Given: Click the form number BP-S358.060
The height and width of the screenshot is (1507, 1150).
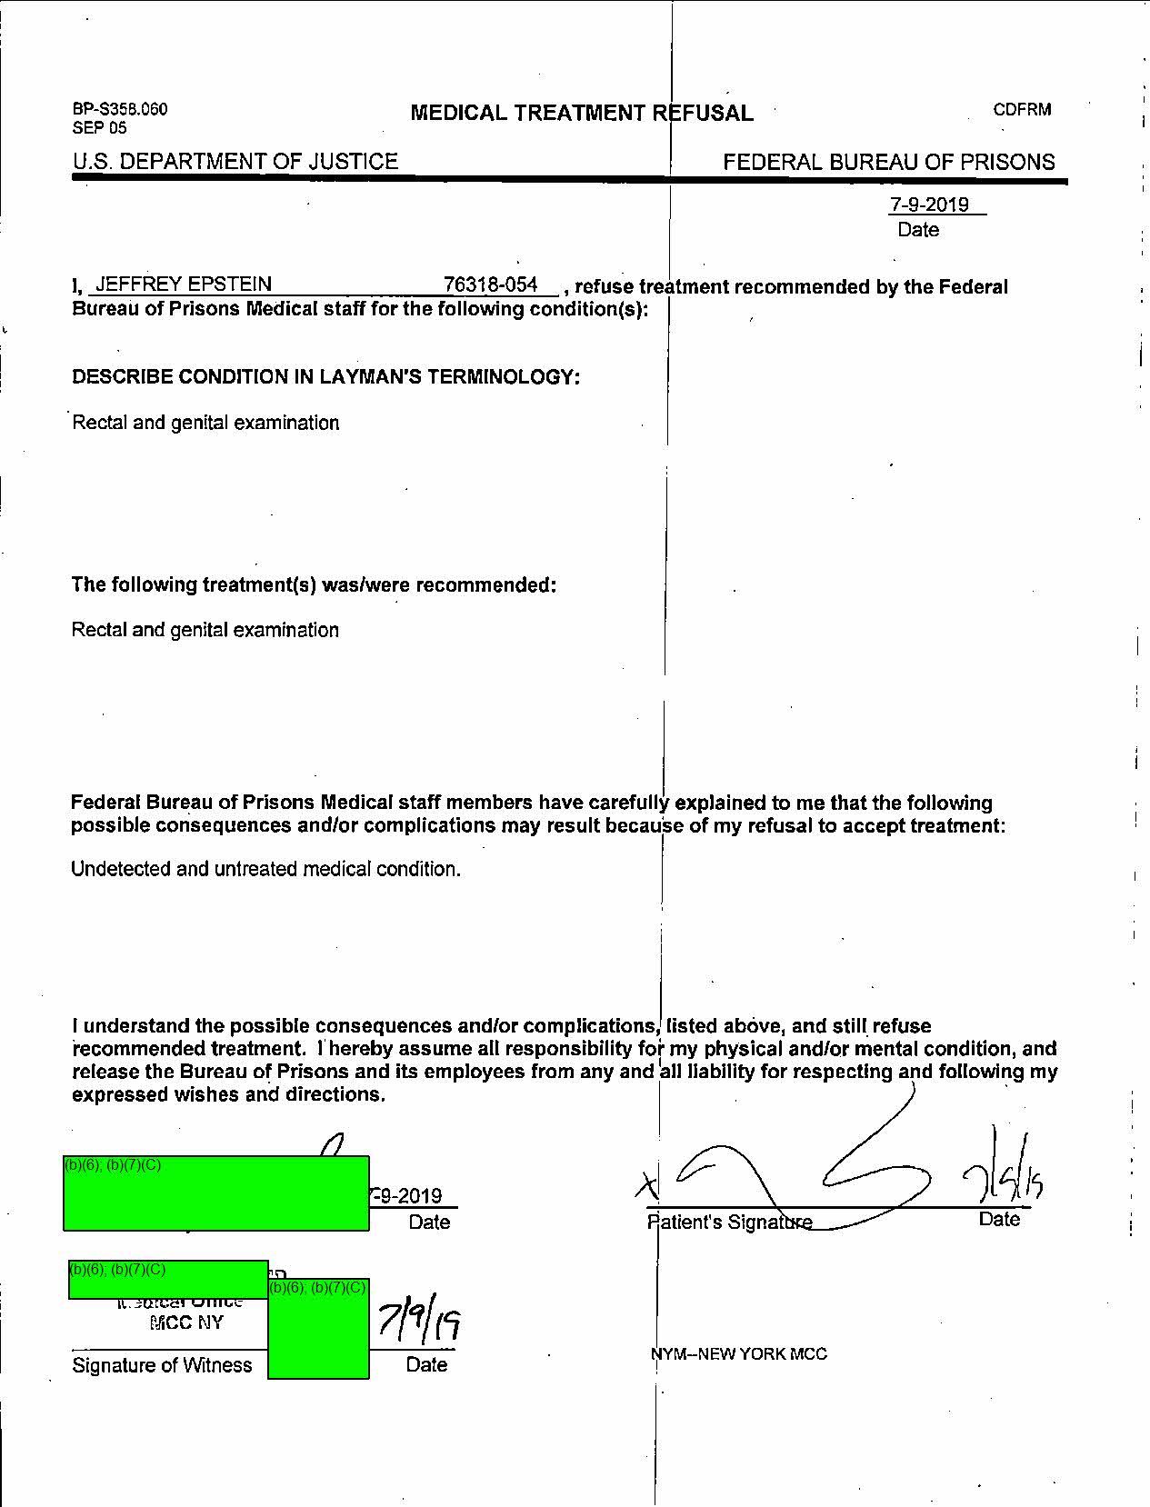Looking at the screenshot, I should (120, 109).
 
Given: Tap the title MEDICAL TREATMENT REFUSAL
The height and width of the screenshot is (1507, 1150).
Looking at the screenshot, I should (582, 114).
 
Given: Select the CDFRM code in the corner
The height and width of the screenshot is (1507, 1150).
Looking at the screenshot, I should (1022, 110).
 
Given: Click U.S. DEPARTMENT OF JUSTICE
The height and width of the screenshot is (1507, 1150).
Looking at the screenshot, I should (235, 162).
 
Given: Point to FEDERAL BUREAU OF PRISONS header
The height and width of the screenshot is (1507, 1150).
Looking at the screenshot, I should (888, 163).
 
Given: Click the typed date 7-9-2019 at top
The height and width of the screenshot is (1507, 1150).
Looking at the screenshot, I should (929, 205).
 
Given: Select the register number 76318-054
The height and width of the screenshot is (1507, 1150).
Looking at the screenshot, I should (491, 285).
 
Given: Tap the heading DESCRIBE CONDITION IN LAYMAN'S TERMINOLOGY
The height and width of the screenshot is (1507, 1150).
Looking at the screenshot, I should (325, 377).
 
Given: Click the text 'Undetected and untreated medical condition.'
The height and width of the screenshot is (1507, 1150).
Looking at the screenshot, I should (265, 869).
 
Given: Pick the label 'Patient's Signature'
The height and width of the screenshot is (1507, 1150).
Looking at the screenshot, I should (729, 1223).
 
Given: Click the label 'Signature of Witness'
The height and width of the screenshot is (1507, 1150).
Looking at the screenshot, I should (162, 1365).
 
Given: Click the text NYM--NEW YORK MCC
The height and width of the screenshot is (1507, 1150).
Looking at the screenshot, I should (739, 1353).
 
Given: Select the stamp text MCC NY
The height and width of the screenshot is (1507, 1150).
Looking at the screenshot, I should (185, 1322).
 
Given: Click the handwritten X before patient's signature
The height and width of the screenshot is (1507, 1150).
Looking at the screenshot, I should (646, 1183).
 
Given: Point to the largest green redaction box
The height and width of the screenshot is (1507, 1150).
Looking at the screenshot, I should (216, 1193).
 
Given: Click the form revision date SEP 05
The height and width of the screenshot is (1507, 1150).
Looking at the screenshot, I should (99, 128).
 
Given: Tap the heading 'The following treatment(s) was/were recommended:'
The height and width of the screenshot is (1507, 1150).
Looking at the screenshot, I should (314, 584).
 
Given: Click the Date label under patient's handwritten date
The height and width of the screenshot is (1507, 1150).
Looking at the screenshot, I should (999, 1220).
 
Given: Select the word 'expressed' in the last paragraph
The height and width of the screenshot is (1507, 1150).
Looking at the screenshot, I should (114, 1094).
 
